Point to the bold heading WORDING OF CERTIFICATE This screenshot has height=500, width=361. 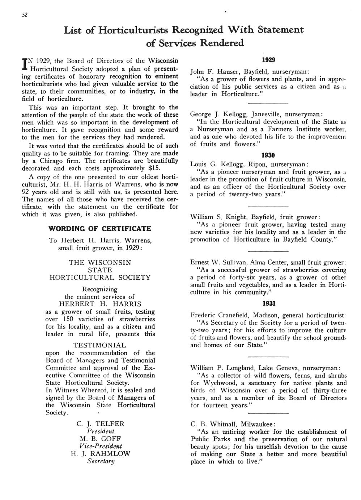pyautogui.click(x=99, y=229)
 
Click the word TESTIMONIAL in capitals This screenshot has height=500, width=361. pyautogui.click(x=99, y=345)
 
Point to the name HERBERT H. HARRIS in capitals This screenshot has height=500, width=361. pyautogui.click(x=100, y=304)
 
